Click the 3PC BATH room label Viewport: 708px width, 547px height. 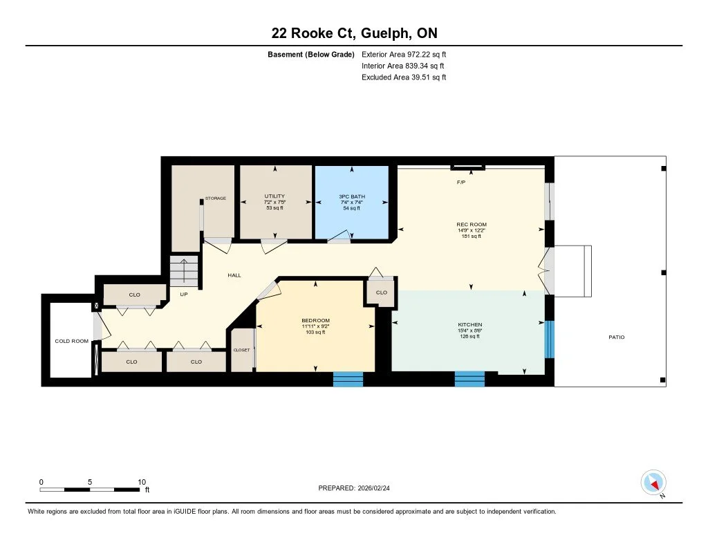352,196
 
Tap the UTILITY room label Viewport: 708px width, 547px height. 274,196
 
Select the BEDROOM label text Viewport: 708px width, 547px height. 315,320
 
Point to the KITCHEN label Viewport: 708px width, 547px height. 470,324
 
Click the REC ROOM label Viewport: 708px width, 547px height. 472,225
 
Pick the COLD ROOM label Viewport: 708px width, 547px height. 72,341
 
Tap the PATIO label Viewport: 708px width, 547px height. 616,337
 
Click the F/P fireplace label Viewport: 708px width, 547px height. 461,183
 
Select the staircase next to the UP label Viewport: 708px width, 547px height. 184,272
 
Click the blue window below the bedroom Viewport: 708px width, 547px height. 348,380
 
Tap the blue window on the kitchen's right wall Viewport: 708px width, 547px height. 549,340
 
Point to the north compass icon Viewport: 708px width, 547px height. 653,483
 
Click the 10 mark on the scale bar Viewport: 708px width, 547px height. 142,482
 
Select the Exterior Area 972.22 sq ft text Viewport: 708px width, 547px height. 404,54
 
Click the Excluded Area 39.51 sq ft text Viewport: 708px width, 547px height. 404,77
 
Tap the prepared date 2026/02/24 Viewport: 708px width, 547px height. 373,488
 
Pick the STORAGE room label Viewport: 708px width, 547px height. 216,198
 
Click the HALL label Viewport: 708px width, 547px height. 234,275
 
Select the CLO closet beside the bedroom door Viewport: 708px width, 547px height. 382,293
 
